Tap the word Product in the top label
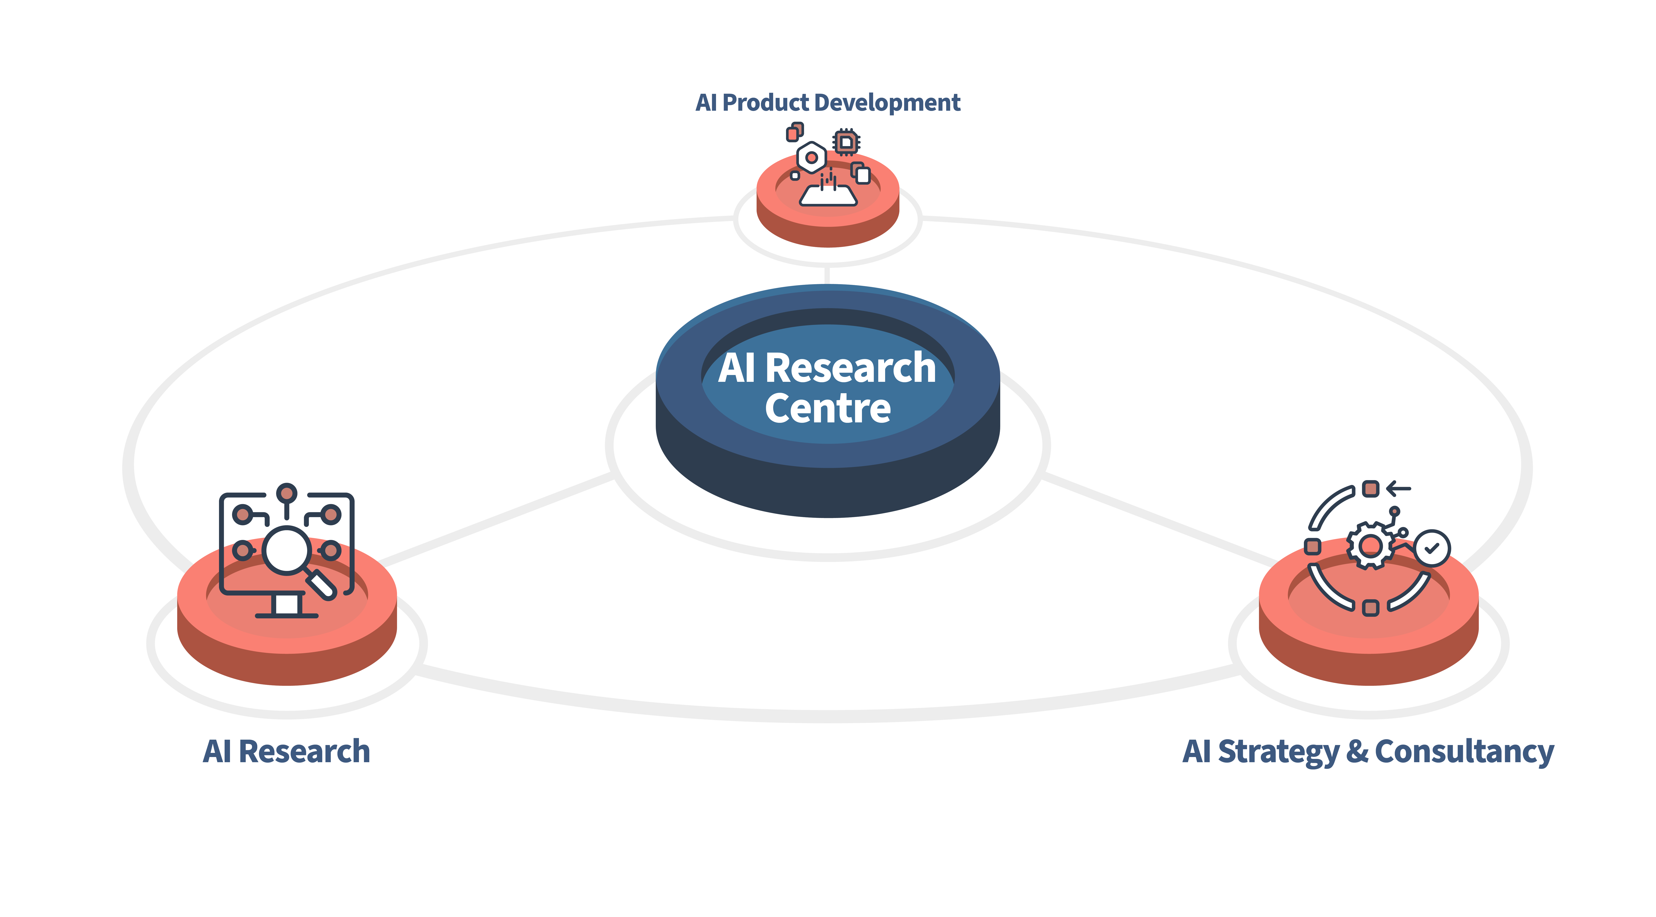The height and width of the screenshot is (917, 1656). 765,103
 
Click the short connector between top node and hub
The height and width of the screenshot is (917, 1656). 827,275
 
